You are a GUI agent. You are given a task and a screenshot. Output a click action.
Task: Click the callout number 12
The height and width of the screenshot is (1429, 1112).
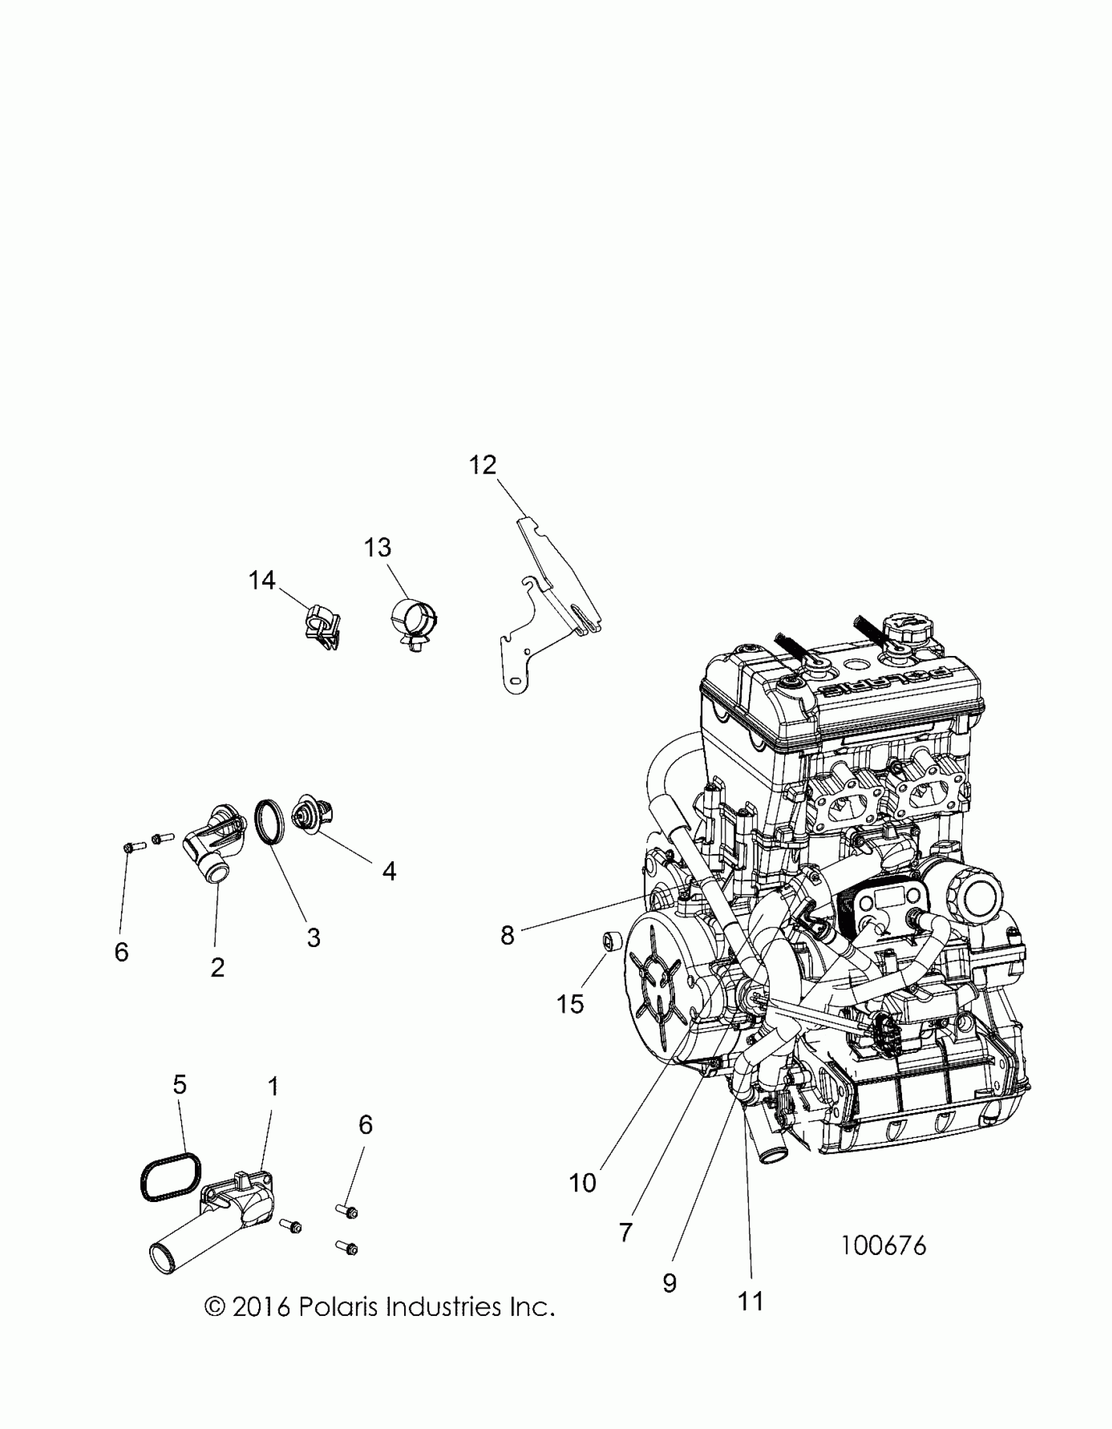(483, 465)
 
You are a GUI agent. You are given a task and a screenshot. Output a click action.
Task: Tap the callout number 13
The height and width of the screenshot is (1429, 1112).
(377, 547)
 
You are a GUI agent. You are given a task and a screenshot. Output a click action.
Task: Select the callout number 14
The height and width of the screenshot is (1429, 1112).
(262, 580)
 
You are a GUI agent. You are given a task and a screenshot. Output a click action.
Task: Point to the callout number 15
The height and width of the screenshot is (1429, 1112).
(570, 1004)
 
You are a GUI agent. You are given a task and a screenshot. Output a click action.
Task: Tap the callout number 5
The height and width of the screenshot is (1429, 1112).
(179, 1085)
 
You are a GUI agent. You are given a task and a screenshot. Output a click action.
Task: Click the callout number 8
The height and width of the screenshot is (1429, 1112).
(507, 936)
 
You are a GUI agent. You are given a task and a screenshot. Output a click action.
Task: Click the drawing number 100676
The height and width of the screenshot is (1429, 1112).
(884, 1246)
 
